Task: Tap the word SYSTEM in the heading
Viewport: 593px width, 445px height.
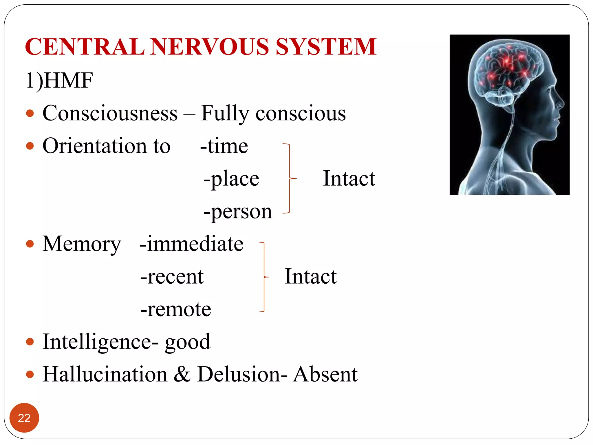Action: click(326, 47)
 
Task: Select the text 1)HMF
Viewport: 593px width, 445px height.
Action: click(59, 81)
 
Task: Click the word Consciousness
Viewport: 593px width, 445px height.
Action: click(110, 113)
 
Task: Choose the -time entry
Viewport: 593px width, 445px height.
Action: click(224, 146)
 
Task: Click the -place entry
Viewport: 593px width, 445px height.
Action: click(231, 179)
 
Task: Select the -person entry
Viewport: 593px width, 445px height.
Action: click(238, 211)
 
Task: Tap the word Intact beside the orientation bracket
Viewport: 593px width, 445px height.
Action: click(349, 178)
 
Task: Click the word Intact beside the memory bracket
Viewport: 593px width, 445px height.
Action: click(311, 276)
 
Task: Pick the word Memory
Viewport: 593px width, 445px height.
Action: click(82, 244)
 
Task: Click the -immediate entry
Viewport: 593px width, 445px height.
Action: click(191, 244)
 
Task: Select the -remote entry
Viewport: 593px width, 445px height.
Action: click(176, 309)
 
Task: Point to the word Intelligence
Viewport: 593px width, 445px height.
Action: click(97, 342)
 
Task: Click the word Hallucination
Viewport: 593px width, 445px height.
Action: click(105, 374)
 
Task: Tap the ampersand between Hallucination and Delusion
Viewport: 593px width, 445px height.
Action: click(182, 374)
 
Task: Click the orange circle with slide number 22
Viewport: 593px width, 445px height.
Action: click(24, 418)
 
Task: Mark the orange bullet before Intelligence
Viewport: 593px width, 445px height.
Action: click(30, 342)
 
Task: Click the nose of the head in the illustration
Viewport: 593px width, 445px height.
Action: click(562, 103)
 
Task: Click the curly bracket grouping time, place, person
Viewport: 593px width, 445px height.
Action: click(289, 178)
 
